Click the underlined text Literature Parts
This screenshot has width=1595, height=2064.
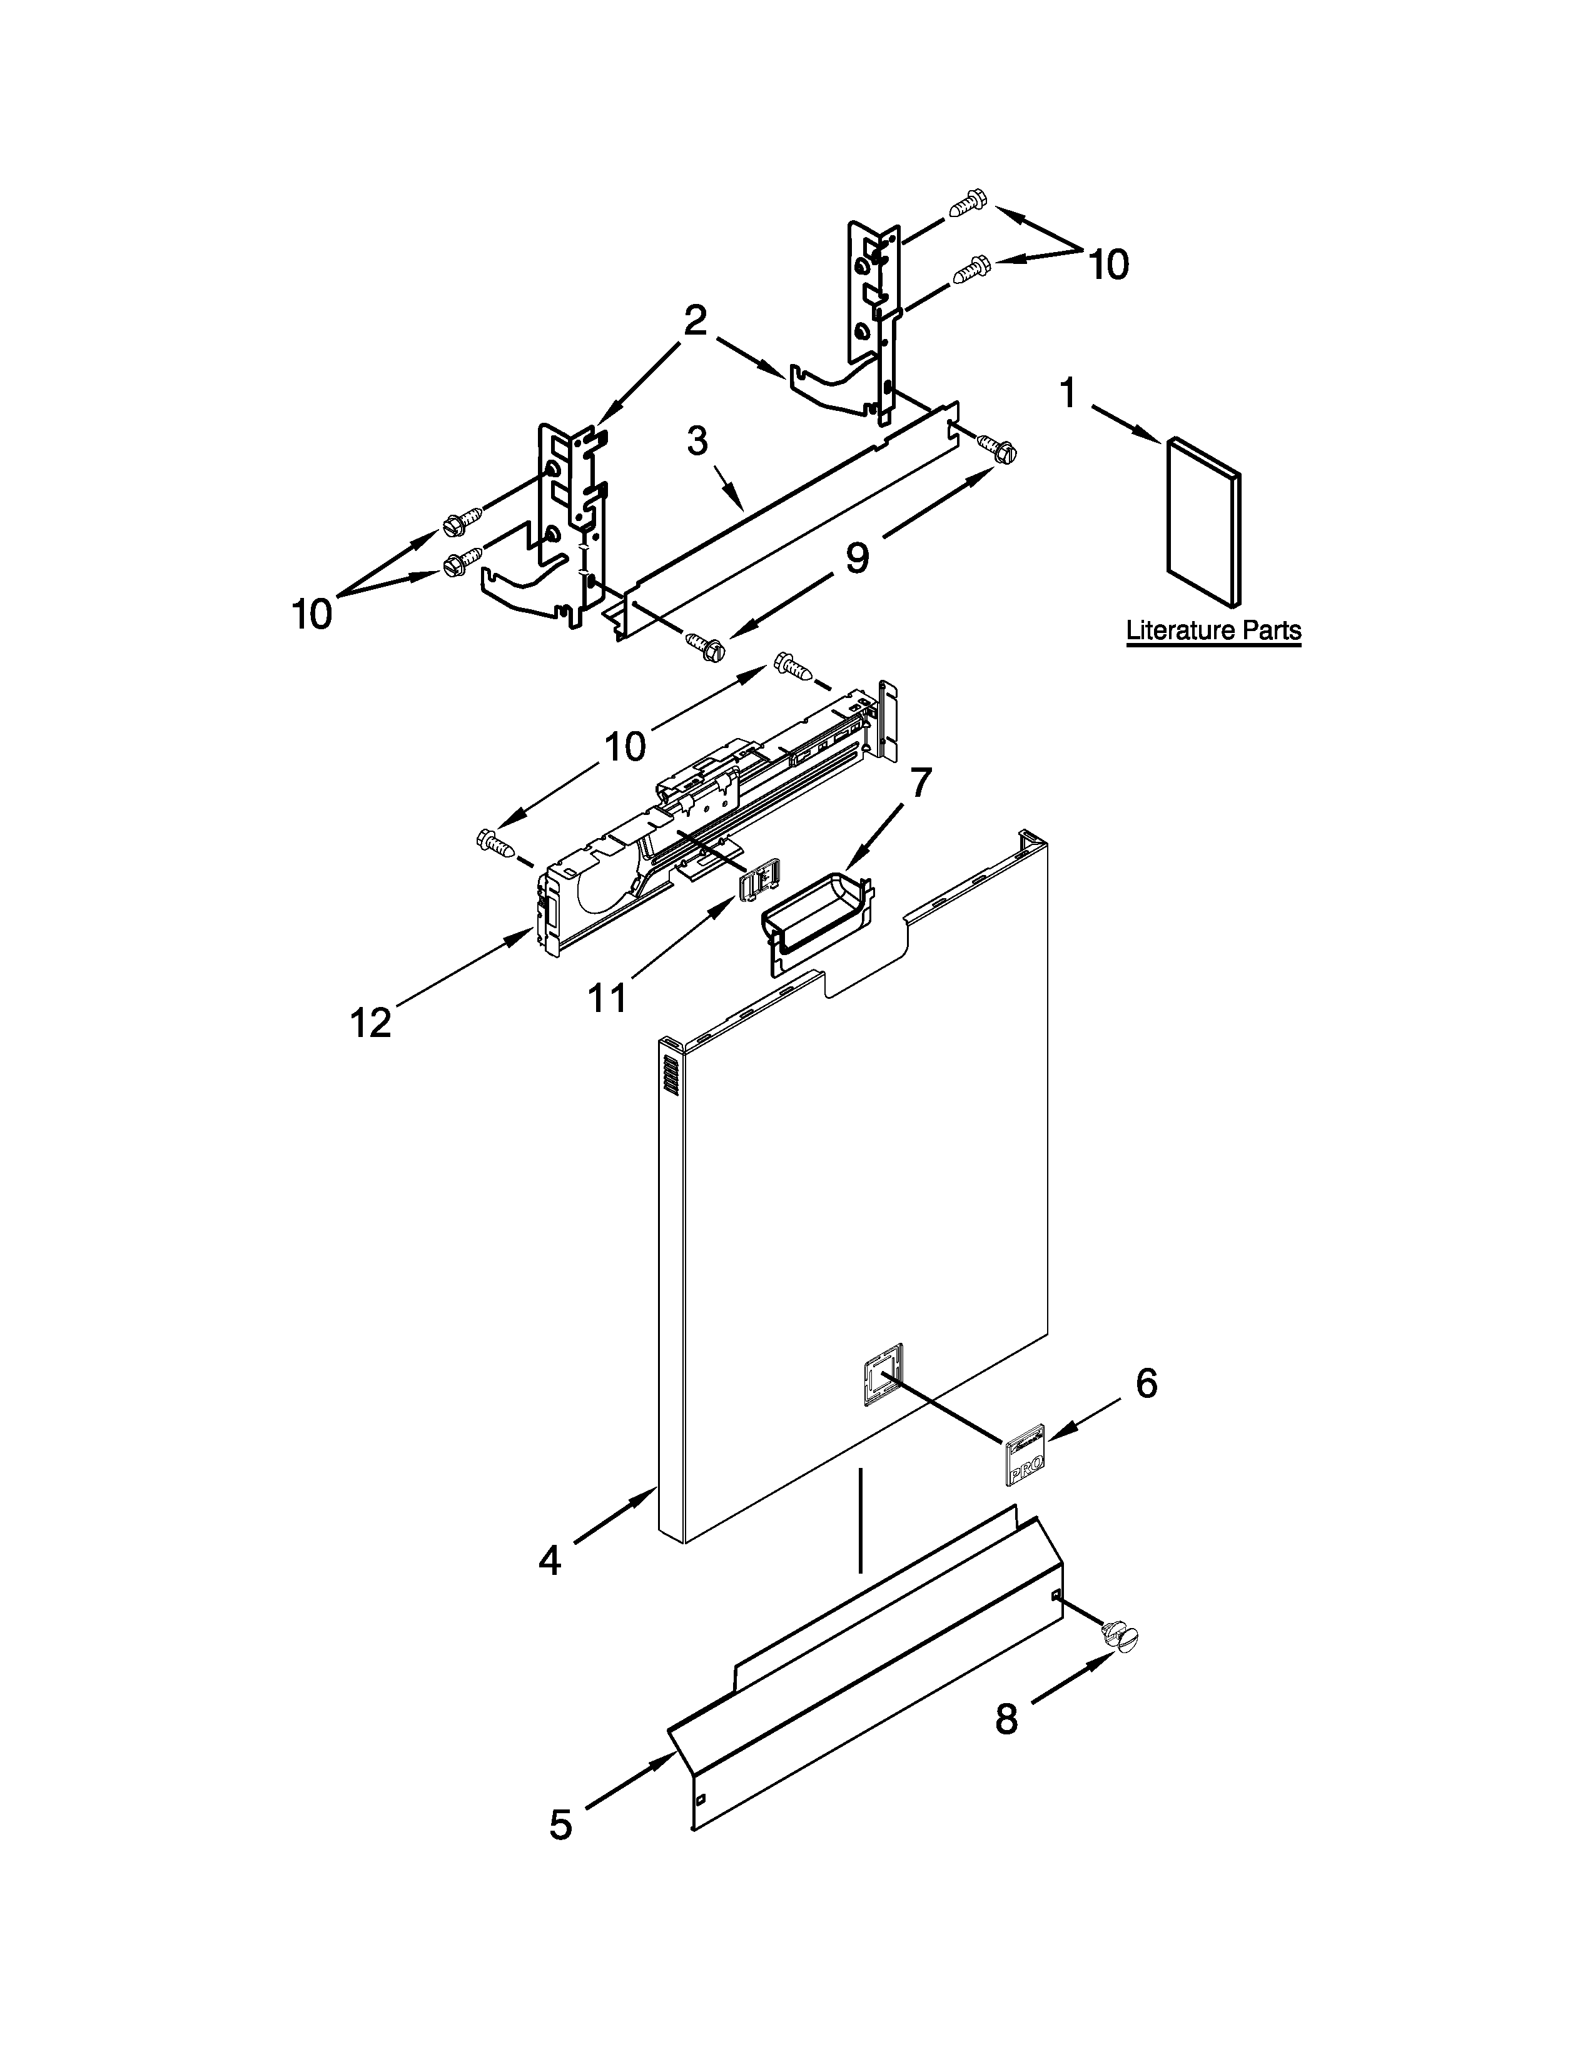(1213, 630)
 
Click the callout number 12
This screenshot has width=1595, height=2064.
(370, 1023)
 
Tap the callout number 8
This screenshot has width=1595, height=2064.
(1007, 1719)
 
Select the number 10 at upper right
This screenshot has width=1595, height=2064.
(1108, 266)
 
